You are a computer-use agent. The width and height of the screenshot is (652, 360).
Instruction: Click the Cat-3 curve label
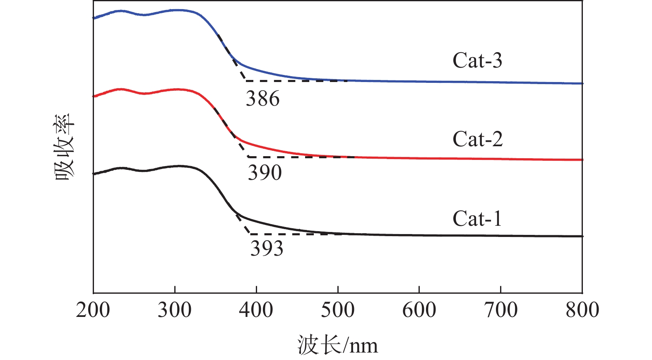tap(477, 60)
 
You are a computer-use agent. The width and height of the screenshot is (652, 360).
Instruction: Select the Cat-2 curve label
tap(477, 139)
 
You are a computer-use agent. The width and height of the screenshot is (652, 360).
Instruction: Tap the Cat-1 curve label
tap(477, 219)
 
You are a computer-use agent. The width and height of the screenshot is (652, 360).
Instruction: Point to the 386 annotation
tap(263, 99)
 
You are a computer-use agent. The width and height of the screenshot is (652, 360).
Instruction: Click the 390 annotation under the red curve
tap(265, 172)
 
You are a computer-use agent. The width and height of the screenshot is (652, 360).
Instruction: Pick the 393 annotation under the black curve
tap(267, 249)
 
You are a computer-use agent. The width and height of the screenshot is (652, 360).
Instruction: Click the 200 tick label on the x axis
tap(93, 310)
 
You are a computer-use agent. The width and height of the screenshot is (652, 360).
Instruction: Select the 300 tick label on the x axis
tap(175, 310)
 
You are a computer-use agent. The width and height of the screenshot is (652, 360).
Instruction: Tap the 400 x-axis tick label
tap(256, 310)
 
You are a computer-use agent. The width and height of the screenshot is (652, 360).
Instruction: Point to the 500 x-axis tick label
tap(338, 310)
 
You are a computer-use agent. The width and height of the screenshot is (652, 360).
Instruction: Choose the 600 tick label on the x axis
tap(419, 310)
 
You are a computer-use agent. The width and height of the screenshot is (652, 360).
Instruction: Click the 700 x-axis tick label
tap(501, 310)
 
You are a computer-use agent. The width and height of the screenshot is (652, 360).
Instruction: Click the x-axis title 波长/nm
tap(337, 345)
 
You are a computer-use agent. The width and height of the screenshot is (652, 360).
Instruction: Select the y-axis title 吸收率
tap(65, 147)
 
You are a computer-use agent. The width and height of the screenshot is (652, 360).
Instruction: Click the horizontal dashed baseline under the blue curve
tap(290, 81)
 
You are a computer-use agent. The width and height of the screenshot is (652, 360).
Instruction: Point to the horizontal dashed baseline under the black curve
tap(290, 234)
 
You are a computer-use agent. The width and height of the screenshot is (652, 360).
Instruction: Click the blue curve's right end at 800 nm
tap(582, 83)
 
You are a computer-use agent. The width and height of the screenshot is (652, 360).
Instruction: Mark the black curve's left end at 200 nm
tap(94, 174)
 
